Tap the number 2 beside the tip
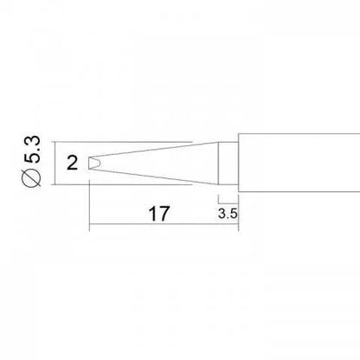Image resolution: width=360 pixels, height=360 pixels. click(71, 162)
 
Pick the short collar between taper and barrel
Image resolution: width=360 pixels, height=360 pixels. click(226, 162)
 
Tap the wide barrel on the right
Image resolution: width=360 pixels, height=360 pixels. click(294, 162)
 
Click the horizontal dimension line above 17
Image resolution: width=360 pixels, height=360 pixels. click(156, 227)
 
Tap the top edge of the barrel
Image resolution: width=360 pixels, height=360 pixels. click(294, 133)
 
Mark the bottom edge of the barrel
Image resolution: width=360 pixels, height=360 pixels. click(294, 190)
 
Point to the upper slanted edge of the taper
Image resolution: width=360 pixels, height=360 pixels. click(156, 149)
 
